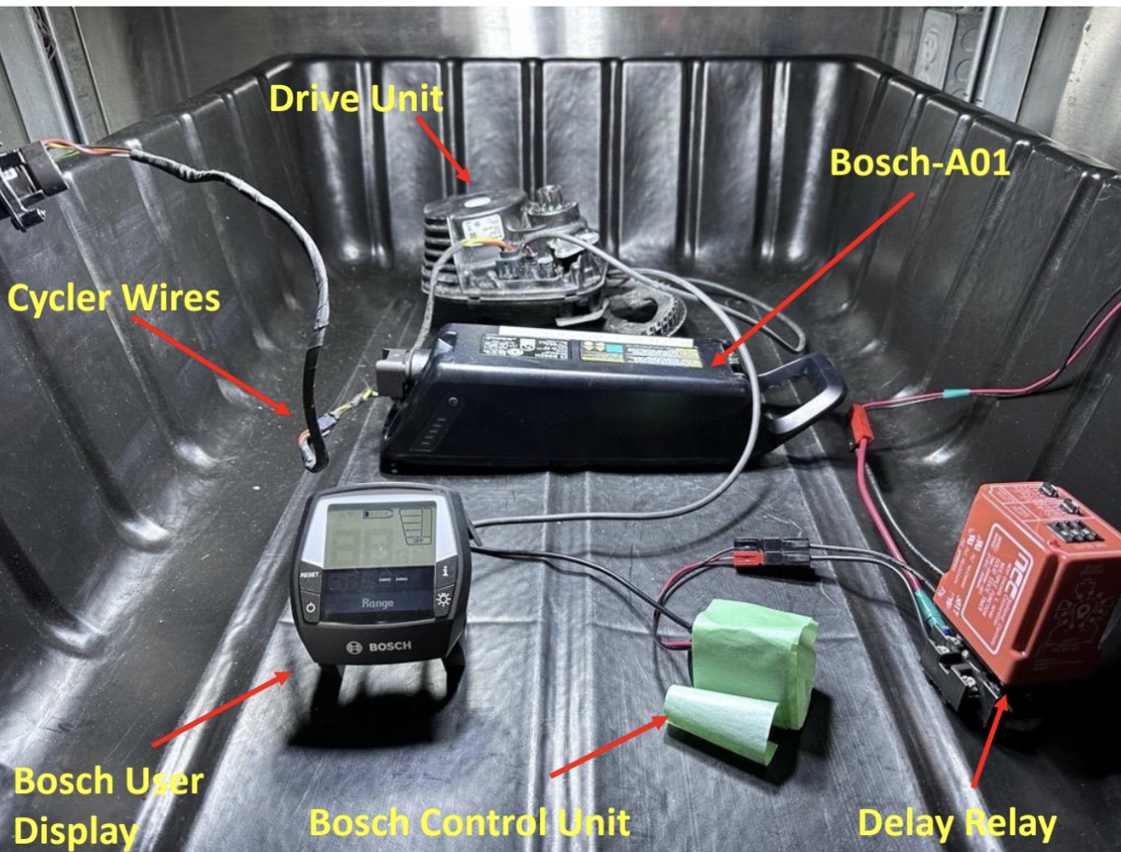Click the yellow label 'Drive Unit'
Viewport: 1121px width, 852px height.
[x=355, y=96]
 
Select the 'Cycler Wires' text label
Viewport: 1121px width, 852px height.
[x=114, y=298]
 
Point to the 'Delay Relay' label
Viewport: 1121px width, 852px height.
[x=957, y=823]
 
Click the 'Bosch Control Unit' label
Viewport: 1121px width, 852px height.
[x=469, y=823]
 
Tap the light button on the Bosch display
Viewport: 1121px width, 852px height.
[x=443, y=601]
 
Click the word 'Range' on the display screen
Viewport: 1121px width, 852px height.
[x=376, y=603]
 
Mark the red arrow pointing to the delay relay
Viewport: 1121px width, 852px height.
[x=990, y=738]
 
